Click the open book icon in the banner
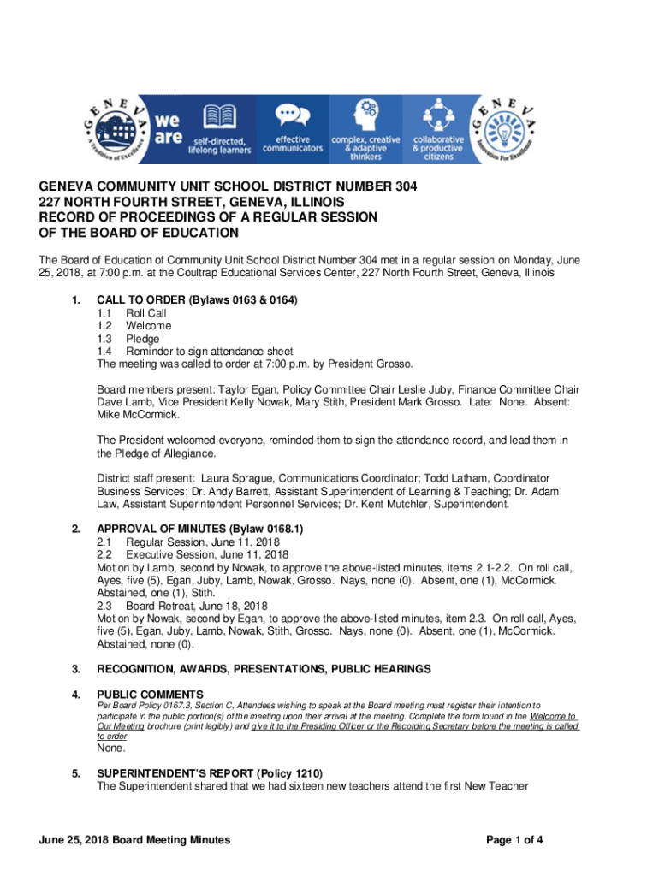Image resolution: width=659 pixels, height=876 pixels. pos(219,115)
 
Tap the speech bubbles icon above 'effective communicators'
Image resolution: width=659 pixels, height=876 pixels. pos(293,114)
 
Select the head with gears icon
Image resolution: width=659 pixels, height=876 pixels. pos(365,114)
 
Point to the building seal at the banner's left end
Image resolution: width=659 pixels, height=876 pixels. pos(116,129)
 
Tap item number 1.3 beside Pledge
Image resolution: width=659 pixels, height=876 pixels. pos(104,339)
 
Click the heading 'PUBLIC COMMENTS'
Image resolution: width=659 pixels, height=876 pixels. pos(150,694)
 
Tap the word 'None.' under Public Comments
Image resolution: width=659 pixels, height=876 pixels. pos(111,748)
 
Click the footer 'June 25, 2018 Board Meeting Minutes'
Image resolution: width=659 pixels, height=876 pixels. pos(133,840)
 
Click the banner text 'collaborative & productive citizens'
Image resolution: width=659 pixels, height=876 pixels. pos(438,148)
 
